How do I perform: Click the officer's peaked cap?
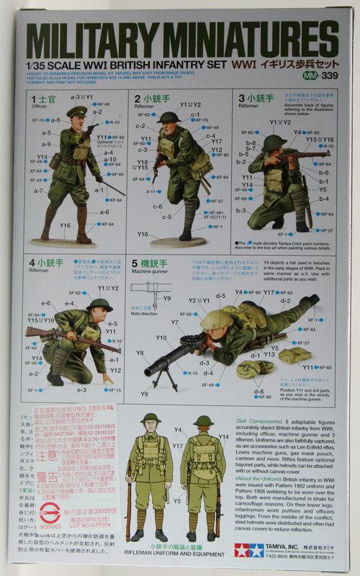pos(77,112)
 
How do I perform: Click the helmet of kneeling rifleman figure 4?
pos(99,305)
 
